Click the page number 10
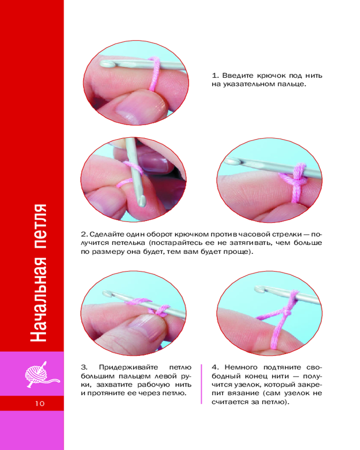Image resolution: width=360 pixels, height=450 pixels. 40,404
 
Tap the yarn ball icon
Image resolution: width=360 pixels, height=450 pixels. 41,375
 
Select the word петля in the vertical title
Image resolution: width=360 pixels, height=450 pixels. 38,227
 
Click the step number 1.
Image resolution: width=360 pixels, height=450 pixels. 215,76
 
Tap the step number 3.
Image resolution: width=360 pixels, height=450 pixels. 84,367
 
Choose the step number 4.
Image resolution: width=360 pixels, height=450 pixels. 215,367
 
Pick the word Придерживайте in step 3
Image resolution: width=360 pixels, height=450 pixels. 128,368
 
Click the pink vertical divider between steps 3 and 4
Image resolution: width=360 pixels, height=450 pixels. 202,384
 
